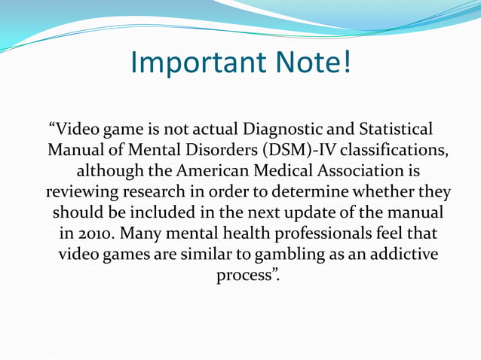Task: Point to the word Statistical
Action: click(391, 127)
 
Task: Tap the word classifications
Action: click(397, 148)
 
